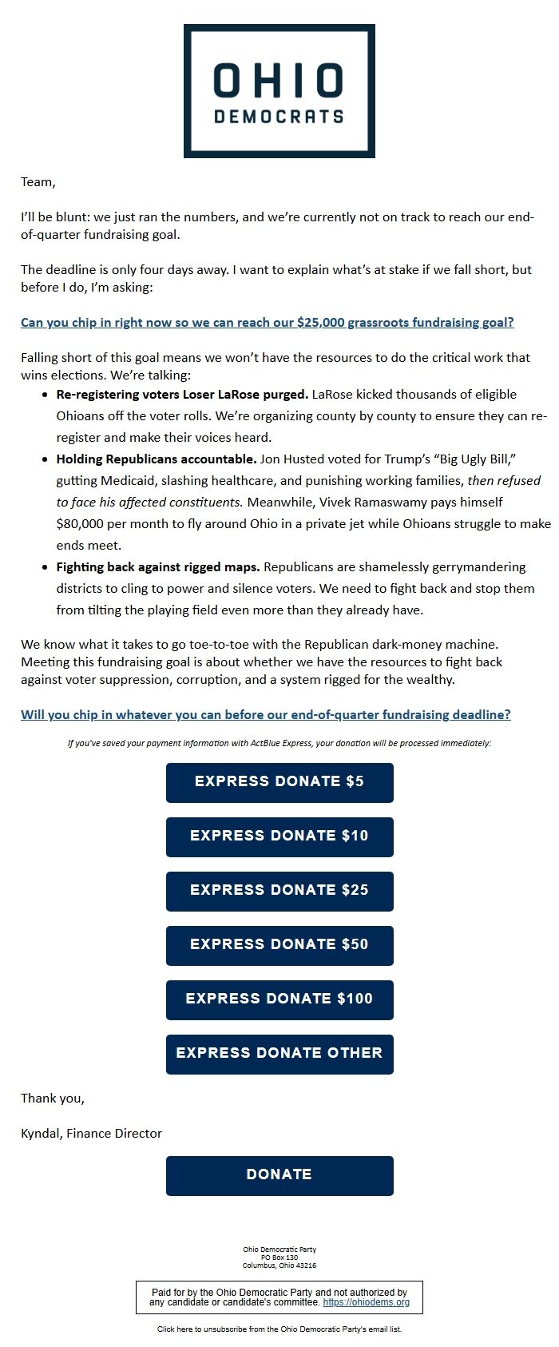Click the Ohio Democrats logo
[x=279, y=91]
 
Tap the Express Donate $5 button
[x=279, y=782]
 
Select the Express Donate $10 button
[x=279, y=836]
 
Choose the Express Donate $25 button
[x=279, y=891]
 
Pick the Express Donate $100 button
[x=279, y=999]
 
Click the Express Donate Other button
[x=279, y=1054]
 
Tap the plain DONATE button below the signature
[x=279, y=1175]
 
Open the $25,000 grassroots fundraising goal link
[x=267, y=323]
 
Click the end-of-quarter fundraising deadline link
[x=265, y=714]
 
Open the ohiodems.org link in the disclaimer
[x=367, y=1302]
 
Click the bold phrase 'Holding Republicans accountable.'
[x=156, y=459]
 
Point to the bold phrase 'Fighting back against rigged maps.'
[x=157, y=567]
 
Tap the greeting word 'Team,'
[x=38, y=182]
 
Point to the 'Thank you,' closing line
[x=52, y=1098]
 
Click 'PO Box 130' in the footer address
[x=279, y=1258]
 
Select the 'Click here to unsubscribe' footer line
[x=279, y=1329]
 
